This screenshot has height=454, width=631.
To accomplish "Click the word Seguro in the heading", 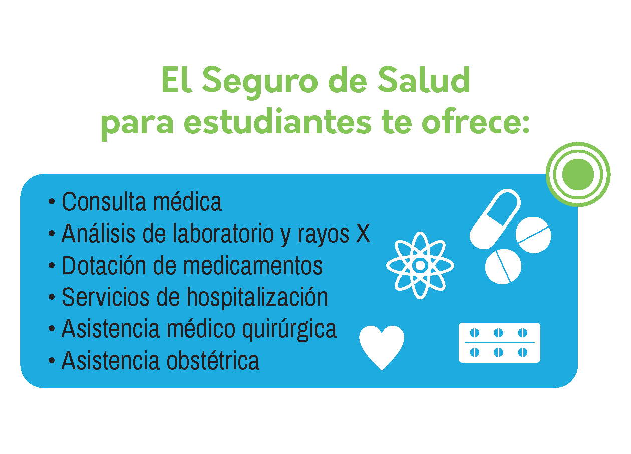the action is (260, 82).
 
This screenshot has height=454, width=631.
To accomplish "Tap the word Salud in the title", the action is (423, 80).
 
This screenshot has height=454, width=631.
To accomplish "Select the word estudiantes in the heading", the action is (277, 121).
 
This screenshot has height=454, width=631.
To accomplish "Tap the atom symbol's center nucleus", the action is (420, 265).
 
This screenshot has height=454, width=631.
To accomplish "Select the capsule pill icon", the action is (495, 219).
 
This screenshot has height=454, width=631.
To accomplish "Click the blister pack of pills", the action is (499, 342).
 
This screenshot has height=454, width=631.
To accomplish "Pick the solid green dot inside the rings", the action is (578, 174).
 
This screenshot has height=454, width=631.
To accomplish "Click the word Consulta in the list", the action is (104, 202).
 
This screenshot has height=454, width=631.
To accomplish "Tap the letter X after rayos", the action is (363, 233).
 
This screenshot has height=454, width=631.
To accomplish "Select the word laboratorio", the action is (223, 233).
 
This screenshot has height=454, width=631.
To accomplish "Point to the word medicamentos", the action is (253, 265).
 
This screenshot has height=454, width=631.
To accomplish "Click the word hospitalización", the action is (257, 298).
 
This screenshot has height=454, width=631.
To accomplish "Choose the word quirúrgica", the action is (289, 329).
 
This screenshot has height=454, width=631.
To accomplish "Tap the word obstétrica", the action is (213, 360).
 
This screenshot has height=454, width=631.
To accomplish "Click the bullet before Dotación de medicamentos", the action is (52, 266).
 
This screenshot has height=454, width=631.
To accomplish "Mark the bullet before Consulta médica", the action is (52, 201).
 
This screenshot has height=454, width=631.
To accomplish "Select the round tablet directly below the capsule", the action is (503, 266).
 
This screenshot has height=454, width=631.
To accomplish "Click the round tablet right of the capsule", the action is (533, 235).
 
